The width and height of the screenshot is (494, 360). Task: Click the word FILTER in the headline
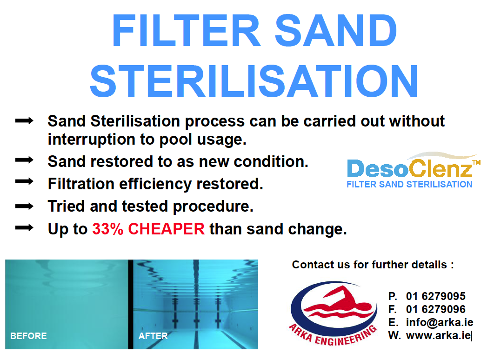(186, 31)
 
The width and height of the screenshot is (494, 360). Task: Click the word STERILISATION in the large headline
(254, 81)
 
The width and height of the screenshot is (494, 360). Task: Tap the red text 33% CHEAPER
(148, 229)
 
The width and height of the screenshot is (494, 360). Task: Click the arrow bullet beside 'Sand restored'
(24, 160)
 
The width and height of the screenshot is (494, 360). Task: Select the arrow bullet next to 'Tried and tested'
(24, 207)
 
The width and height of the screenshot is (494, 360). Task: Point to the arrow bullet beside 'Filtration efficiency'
(24, 181)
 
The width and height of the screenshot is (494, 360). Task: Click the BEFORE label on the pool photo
(28, 336)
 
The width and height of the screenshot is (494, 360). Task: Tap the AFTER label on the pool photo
(153, 336)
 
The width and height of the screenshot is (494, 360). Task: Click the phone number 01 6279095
(435, 296)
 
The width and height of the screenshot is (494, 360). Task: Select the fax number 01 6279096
(435, 309)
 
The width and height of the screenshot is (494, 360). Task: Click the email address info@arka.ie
(440, 322)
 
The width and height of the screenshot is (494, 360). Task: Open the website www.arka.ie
(438, 335)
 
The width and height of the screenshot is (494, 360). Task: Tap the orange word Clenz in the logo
(440, 168)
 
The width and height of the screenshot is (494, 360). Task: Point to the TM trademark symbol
(476, 162)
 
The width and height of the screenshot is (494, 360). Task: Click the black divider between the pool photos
(130, 304)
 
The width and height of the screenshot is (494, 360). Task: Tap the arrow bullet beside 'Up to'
(24, 228)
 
